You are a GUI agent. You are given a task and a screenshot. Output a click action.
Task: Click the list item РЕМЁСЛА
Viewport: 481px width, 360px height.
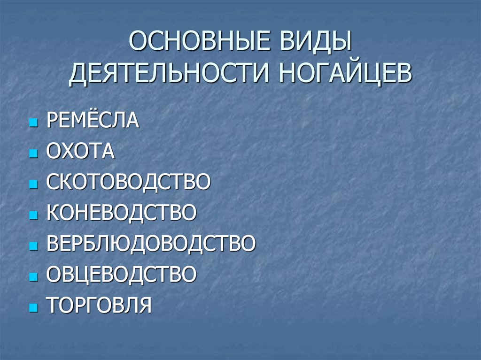(93, 120)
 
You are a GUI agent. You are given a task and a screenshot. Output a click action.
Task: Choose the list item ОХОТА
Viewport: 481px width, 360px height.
(80, 151)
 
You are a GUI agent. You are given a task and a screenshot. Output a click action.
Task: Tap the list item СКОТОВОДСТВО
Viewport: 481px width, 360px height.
(128, 182)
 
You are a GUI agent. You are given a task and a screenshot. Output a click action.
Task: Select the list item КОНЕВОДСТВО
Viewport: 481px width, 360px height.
(121, 213)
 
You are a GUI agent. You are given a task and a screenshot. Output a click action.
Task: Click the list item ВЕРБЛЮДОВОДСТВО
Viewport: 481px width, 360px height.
(151, 243)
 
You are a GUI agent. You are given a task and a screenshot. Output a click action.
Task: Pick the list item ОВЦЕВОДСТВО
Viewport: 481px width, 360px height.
(121, 274)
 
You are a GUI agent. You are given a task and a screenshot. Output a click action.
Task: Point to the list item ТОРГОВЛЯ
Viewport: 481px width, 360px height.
(99, 305)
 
